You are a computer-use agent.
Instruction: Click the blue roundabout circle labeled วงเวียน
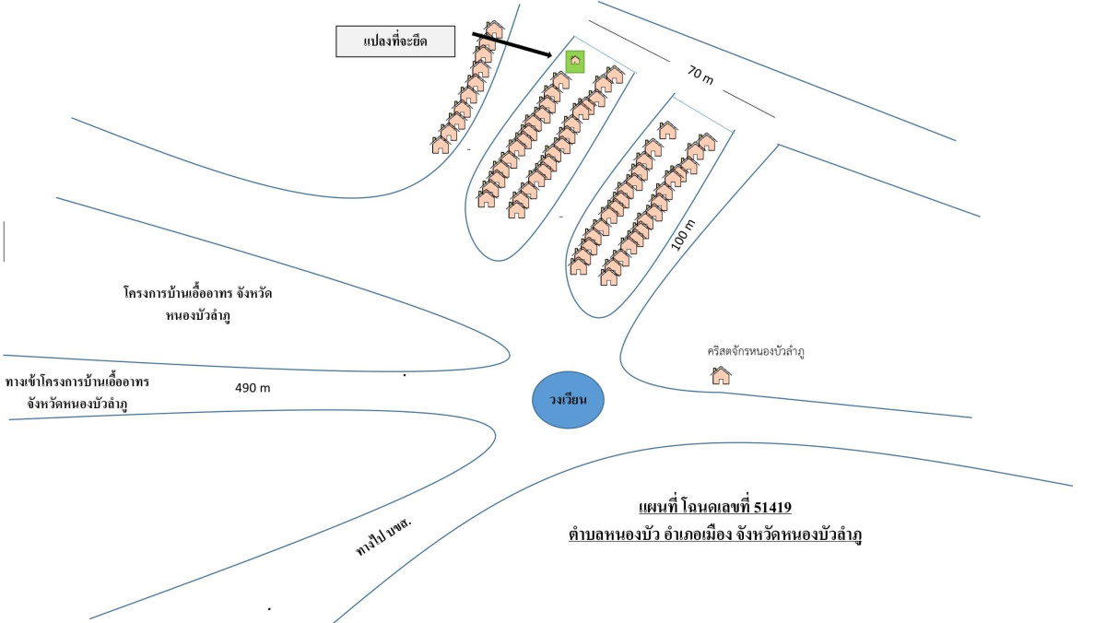[568, 400]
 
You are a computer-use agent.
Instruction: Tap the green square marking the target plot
[575, 62]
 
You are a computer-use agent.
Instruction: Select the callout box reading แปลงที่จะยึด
[395, 41]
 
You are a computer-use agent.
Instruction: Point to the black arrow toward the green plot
[512, 45]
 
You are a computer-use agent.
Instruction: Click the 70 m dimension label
[700, 75]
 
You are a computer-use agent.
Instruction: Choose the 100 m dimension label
[683, 234]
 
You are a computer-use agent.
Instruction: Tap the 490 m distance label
[253, 388]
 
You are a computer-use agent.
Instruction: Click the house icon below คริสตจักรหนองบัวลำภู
[721, 376]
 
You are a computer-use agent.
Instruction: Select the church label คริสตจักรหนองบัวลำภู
[756, 351]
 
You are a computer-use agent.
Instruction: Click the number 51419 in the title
[772, 507]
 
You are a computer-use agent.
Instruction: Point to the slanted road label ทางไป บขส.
[383, 536]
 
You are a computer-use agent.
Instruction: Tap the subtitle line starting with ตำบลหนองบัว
[715, 535]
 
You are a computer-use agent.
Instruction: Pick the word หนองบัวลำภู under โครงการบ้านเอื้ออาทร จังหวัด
[198, 316]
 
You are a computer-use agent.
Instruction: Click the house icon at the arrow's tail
[494, 29]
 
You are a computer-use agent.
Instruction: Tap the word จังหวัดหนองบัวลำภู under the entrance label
[77, 404]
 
